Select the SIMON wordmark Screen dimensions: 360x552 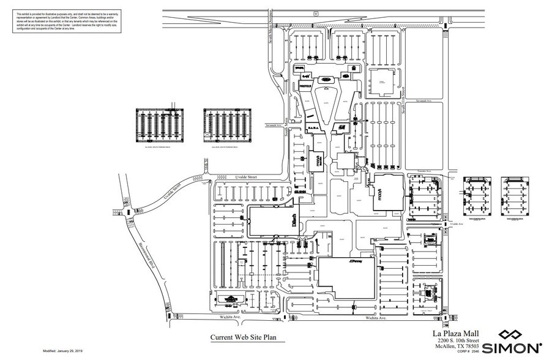click(511, 348)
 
